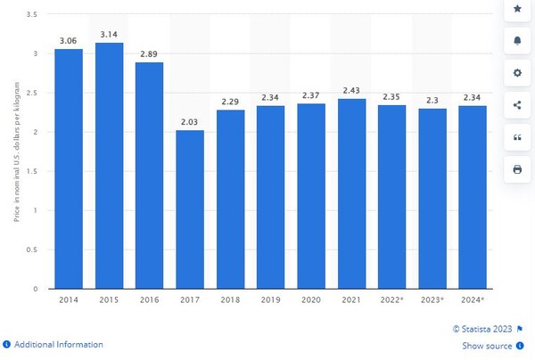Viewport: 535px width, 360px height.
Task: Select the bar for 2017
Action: (x=190, y=209)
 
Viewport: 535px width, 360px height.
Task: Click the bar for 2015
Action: (x=109, y=166)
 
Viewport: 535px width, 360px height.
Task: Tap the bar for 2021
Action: (x=352, y=193)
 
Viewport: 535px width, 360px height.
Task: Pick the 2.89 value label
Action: (x=149, y=53)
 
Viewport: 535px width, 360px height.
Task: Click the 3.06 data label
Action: (x=69, y=41)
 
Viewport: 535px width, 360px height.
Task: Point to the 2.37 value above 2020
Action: (x=311, y=95)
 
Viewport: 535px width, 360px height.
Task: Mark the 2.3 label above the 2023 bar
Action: (x=432, y=101)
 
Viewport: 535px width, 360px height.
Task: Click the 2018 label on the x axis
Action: (x=230, y=300)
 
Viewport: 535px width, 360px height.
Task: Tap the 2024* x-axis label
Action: (x=473, y=300)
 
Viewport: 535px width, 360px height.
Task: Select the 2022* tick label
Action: (x=392, y=300)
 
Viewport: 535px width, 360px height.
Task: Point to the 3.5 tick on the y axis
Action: (x=32, y=14)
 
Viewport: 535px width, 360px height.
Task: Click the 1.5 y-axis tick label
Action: (x=32, y=171)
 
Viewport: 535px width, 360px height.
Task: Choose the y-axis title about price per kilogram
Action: (x=16, y=151)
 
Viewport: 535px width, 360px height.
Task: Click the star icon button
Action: (x=517, y=9)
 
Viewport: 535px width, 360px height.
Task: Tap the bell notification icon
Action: (x=517, y=41)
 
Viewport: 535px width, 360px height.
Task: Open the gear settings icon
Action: (x=517, y=72)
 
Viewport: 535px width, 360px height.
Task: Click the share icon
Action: (x=517, y=105)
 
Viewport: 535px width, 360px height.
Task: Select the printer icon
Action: (x=517, y=169)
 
